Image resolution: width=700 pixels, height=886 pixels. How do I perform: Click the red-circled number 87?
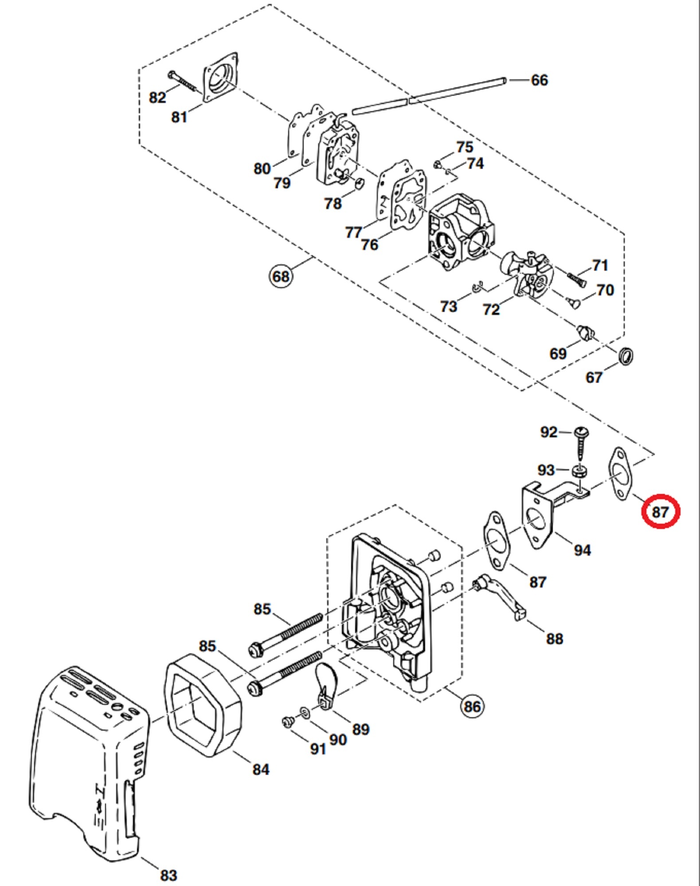[x=660, y=512]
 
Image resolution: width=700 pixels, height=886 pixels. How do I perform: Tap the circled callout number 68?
[x=281, y=277]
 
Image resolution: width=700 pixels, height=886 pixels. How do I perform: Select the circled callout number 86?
[x=472, y=706]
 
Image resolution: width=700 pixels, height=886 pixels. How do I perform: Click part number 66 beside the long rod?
[x=539, y=80]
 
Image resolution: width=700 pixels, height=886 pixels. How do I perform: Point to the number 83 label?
[x=168, y=875]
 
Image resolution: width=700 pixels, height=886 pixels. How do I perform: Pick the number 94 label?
[x=583, y=550]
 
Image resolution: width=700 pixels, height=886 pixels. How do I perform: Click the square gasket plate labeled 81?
[x=220, y=78]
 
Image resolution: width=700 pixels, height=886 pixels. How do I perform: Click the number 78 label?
[x=333, y=203]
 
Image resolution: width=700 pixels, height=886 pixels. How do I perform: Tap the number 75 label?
[x=464, y=147]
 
